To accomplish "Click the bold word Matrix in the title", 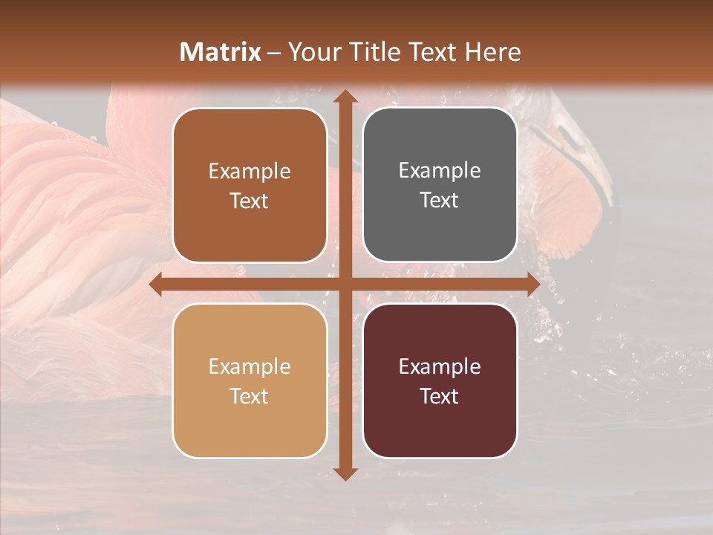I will tap(221, 52).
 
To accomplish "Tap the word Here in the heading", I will tap(492, 52).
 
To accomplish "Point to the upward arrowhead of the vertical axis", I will tap(345, 97).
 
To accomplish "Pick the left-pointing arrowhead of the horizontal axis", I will tap(157, 285).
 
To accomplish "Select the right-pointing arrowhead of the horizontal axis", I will tap(533, 285).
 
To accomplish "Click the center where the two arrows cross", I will tap(345, 285).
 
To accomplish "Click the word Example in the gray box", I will tap(440, 170).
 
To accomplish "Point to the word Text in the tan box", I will tap(250, 396).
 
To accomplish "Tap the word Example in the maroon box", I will tap(440, 366).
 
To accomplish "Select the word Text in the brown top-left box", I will tap(250, 201).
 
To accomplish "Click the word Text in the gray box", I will tap(440, 200).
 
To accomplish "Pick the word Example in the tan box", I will tap(250, 366).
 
